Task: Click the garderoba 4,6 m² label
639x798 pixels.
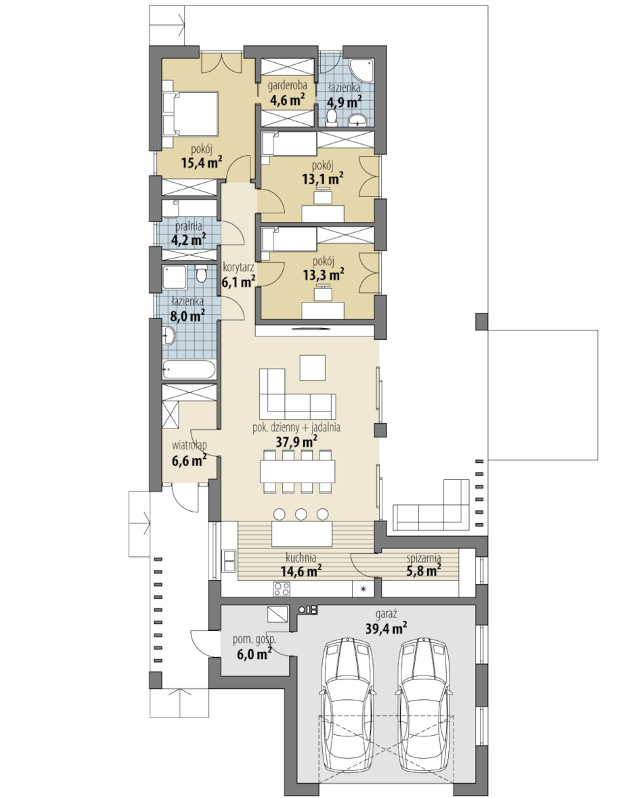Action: [x=286, y=93]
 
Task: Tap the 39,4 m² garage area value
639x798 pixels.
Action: [x=386, y=628]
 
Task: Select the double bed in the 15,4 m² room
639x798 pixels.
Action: [x=190, y=114]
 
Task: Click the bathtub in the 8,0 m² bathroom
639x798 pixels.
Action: [x=189, y=369]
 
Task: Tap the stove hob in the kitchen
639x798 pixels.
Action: [x=282, y=588]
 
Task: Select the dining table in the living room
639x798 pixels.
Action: [x=297, y=471]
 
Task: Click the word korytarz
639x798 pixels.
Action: [x=238, y=267]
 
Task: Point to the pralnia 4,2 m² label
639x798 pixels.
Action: [x=188, y=234]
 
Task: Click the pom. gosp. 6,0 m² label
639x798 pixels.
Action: [x=254, y=647]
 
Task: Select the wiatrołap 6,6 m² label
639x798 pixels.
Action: [x=189, y=453]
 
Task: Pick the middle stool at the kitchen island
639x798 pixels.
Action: [x=301, y=514]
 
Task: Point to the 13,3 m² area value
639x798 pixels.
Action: [x=324, y=275]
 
